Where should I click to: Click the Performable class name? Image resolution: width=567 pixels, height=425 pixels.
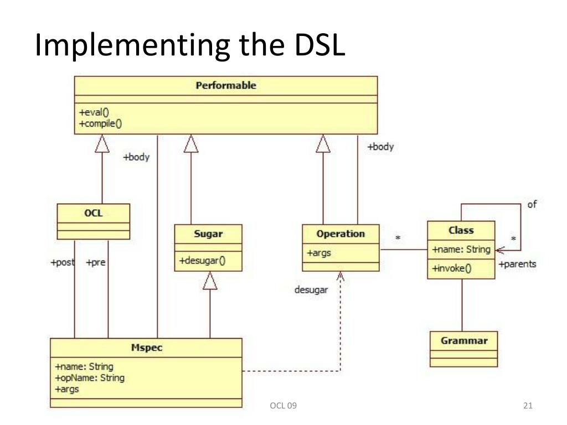click(226, 86)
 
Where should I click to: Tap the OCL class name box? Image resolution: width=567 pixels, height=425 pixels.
click(93, 214)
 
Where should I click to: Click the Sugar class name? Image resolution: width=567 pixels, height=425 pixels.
click(208, 234)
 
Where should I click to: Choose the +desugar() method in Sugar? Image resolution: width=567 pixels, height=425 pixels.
click(202, 261)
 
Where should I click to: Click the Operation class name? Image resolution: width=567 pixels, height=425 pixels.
click(341, 234)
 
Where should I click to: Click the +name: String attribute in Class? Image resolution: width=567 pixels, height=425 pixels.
click(461, 250)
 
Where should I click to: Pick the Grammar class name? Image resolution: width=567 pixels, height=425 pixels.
click(464, 340)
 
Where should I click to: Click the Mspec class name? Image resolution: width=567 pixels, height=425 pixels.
click(146, 348)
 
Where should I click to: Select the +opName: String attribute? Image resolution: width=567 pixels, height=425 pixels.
click(90, 378)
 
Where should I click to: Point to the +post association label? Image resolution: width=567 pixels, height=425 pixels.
click(62, 263)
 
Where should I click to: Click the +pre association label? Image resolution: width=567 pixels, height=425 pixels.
click(95, 263)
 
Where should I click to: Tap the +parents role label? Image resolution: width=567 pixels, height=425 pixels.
click(517, 264)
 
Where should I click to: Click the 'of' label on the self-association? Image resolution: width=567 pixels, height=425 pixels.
click(532, 205)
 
